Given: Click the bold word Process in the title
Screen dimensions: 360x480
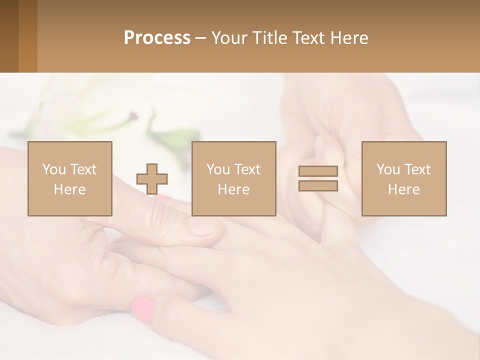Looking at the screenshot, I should point(157,38).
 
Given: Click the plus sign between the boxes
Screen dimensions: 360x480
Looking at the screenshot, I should point(152,179).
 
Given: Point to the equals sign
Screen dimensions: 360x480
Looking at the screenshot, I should point(318,178).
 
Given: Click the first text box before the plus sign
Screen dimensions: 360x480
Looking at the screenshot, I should point(70,178).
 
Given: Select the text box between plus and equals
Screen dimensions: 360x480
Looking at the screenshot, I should point(233,178).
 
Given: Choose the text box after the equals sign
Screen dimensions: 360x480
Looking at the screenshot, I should point(403,178).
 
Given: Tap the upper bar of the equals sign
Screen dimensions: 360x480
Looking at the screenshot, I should point(318,171).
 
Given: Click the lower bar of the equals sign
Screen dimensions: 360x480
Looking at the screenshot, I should point(318,185).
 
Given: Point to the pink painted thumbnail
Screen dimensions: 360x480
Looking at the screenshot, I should point(143,308).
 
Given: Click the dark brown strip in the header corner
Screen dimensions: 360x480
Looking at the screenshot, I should point(9,36).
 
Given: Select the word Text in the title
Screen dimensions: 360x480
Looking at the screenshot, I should point(307,38).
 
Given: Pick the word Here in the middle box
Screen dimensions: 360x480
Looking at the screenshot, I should point(233,189).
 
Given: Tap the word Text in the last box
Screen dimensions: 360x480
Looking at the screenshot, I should point(417,169).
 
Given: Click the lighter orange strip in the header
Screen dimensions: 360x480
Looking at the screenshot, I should point(28,36).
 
